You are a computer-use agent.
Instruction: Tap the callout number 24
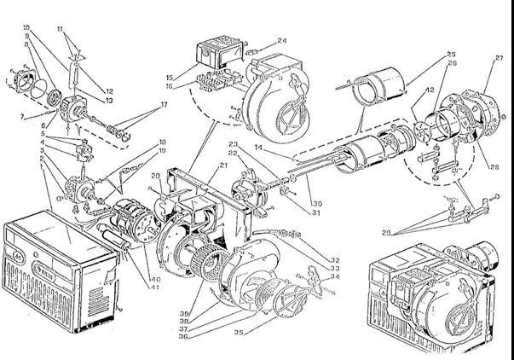[x=281, y=41]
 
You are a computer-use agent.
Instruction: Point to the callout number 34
[x=336, y=276]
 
